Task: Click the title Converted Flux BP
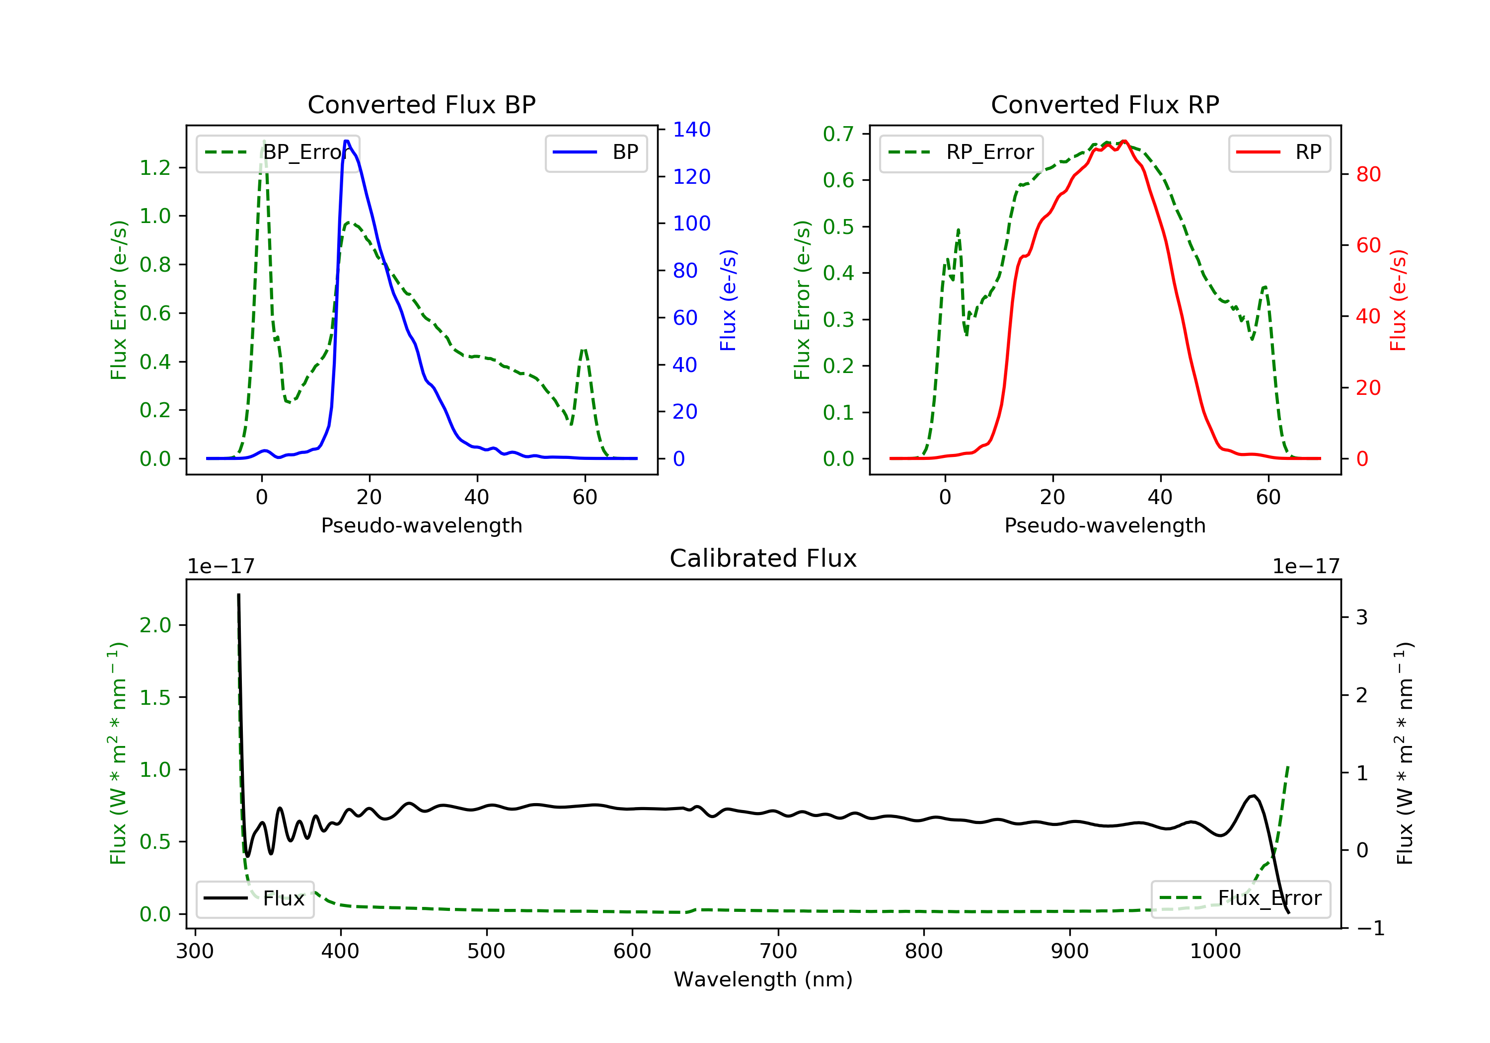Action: pyautogui.click(x=421, y=104)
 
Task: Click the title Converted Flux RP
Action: pyautogui.click(x=1105, y=104)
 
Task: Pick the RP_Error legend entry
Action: pyautogui.click(x=961, y=152)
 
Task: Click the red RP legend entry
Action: pyautogui.click(x=1279, y=152)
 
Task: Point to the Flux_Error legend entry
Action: pyautogui.click(x=1240, y=898)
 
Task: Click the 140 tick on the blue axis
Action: pyautogui.click(x=691, y=130)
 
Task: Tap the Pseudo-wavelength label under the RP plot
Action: pyautogui.click(x=1105, y=525)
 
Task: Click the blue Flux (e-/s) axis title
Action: pyautogui.click(x=728, y=300)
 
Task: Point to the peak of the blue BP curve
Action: pyautogui.click(x=347, y=141)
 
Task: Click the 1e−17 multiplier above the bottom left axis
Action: pyautogui.click(x=221, y=567)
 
